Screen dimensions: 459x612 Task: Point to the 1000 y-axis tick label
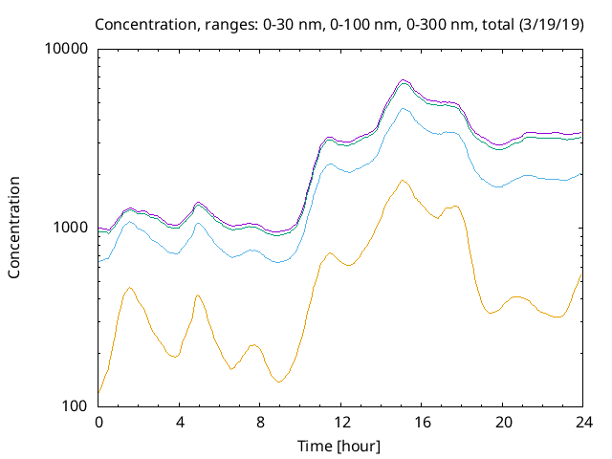click(72, 228)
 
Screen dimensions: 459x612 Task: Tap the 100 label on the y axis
click(76, 406)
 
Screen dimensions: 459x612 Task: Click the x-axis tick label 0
click(98, 423)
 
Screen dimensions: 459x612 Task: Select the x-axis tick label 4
click(179, 423)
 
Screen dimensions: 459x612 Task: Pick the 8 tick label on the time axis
click(259, 423)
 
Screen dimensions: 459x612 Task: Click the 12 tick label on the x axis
click(340, 423)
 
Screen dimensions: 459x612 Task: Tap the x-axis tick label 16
click(421, 423)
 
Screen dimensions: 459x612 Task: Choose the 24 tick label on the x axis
click(581, 423)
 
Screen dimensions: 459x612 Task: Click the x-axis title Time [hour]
click(339, 445)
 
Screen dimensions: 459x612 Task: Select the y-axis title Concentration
click(14, 228)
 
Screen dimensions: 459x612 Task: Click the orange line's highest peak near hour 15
click(403, 180)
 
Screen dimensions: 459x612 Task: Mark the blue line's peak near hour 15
click(404, 109)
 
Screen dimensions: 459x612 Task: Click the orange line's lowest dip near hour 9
click(278, 382)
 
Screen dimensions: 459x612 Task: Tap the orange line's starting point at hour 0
click(99, 392)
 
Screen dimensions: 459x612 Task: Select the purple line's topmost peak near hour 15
click(404, 79)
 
